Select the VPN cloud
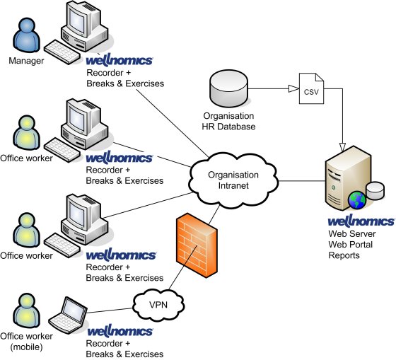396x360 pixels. click(159, 305)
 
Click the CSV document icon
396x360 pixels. click(311, 90)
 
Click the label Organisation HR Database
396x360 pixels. click(227, 122)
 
